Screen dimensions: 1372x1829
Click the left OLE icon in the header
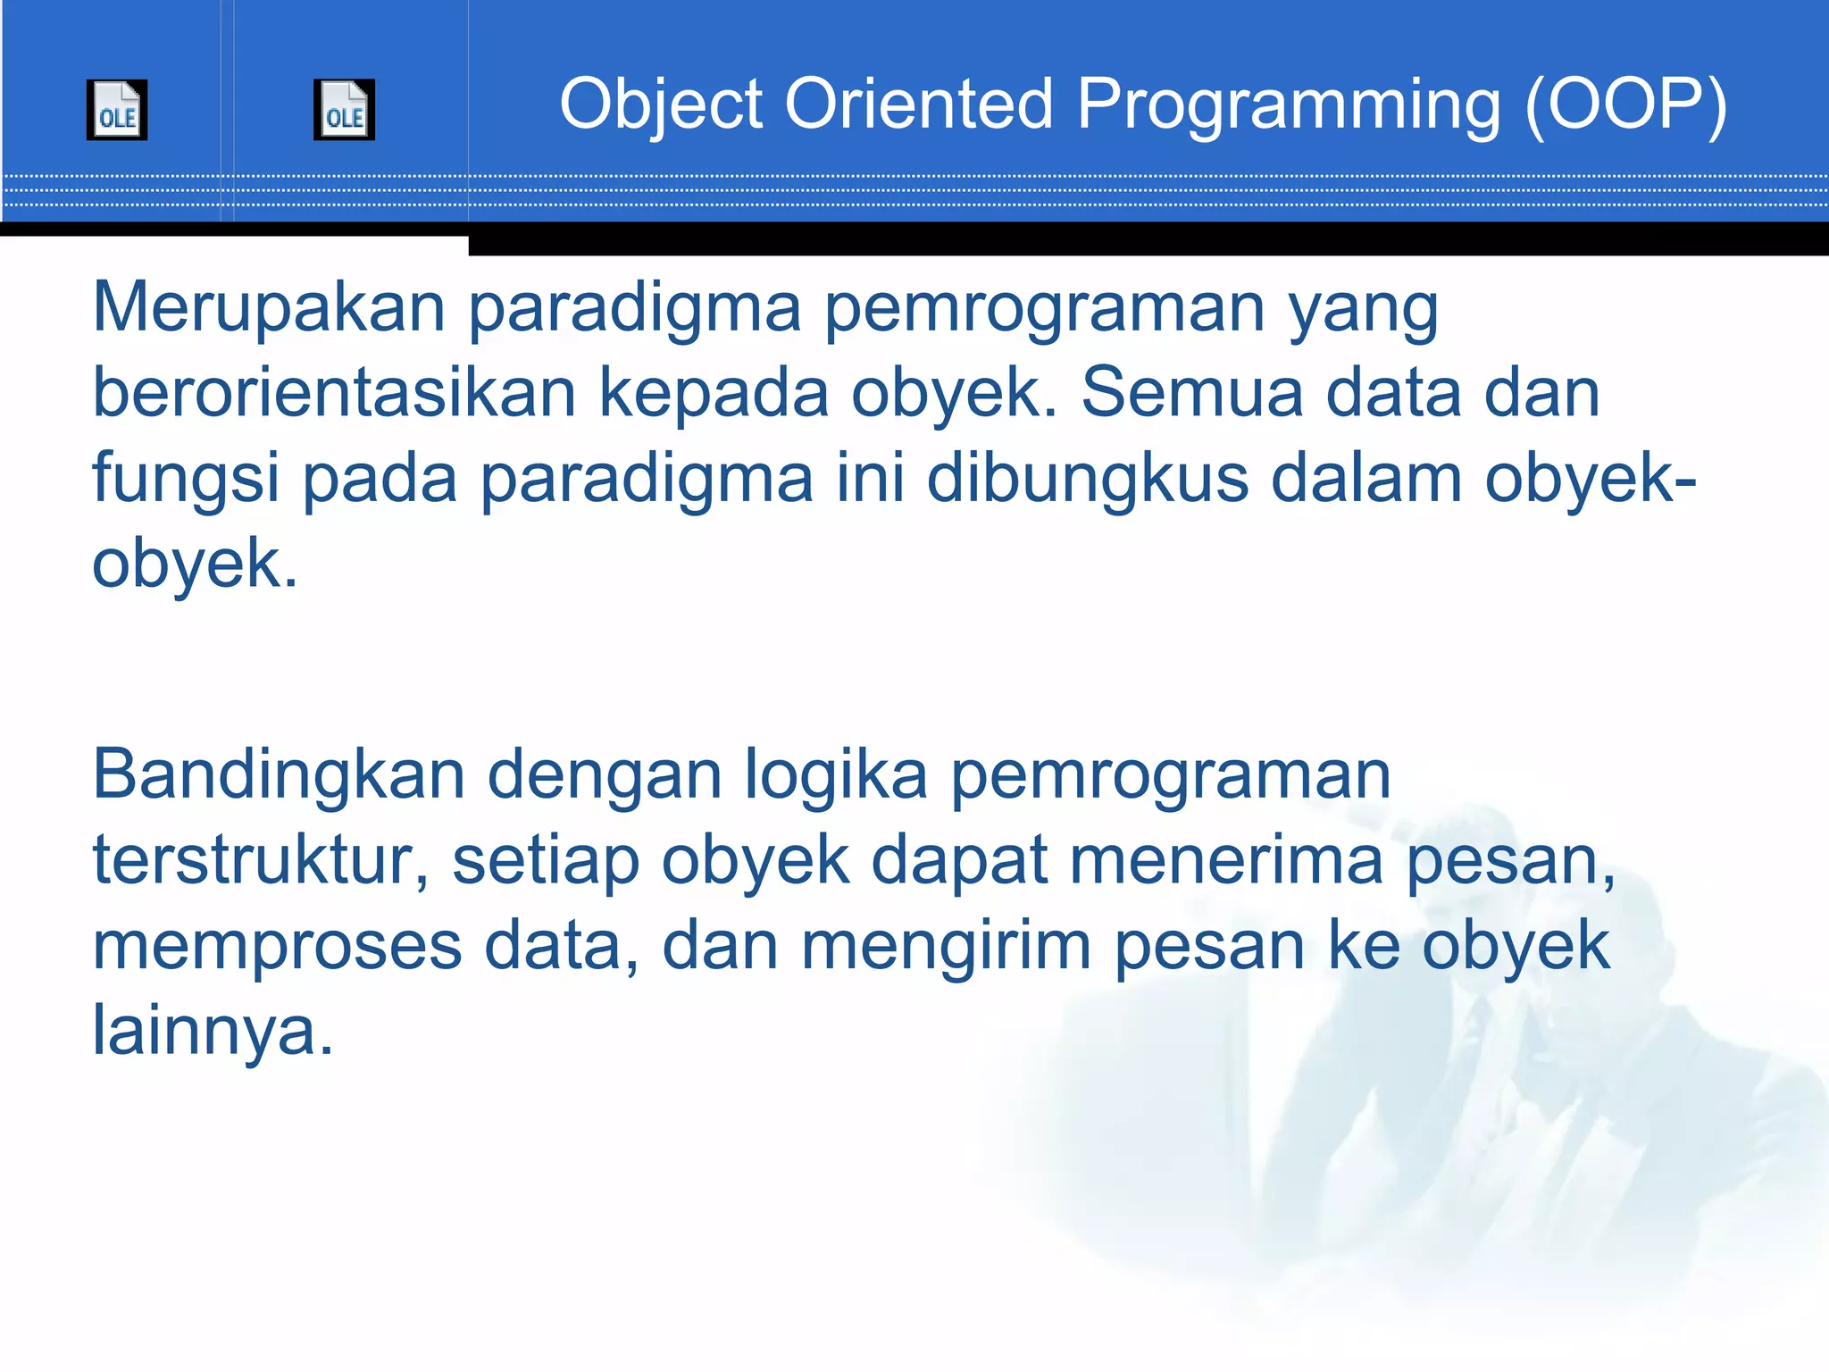point(117,110)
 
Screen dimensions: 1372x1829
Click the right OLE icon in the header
point(344,110)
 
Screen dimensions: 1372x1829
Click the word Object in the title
point(661,105)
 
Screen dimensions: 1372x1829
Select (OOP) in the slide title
point(1625,105)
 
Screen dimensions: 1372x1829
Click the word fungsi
point(186,479)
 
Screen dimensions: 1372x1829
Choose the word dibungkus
point(1087,479)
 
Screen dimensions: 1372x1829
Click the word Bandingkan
point(279,774)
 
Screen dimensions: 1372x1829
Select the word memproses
point(277,946)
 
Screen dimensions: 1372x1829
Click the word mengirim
point(946,946)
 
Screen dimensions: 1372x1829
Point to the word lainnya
point(213,1031)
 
